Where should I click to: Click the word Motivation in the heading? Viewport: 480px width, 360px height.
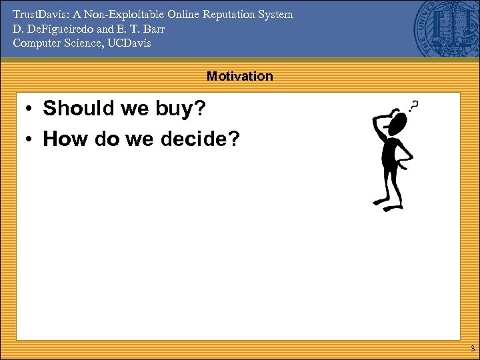[239, 76]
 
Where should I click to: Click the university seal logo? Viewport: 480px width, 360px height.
[446, 29]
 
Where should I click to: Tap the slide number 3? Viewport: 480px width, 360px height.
[472, 349]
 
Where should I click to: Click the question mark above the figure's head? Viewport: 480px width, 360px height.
[415, 106]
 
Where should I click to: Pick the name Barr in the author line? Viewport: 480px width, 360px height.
[153, 29]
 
